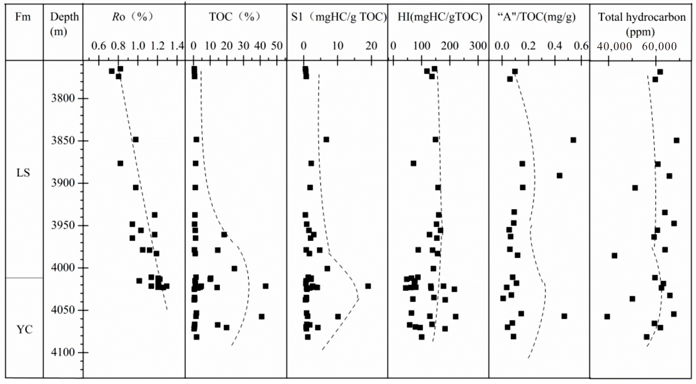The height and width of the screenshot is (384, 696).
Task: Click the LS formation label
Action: pos(23,173)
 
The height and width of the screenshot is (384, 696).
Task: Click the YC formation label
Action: pos(24,329)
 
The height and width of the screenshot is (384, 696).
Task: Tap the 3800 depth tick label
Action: pos(63,98)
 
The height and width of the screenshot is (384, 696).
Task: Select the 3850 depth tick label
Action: pos(63,141)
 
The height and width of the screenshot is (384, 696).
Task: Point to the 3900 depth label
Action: pos(63,183)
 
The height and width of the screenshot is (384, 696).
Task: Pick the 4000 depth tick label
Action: pos(63,268)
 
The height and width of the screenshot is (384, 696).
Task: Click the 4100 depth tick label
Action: pos(63,352)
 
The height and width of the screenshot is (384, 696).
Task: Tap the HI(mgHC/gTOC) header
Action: pos(440,17)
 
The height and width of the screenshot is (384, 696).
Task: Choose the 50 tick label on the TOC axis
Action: pos(277,46)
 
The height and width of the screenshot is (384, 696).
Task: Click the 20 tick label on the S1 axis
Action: pos(371,46)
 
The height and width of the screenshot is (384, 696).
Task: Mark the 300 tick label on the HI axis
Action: pos(478,46)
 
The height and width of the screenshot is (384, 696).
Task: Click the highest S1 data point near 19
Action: pos(368,286)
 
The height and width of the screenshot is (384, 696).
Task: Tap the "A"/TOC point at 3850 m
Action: pos(573,140)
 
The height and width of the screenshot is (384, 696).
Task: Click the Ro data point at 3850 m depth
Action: pos(136,140)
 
